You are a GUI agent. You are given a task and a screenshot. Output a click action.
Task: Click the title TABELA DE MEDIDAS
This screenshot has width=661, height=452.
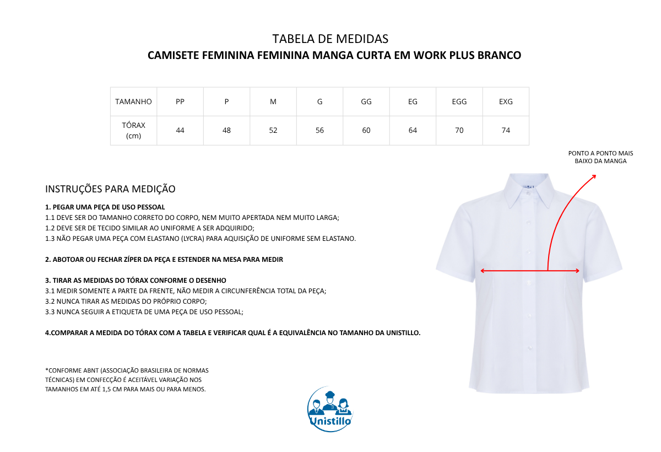pos(330,39)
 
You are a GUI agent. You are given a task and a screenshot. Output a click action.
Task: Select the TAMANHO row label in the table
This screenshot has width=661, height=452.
pos(133,102)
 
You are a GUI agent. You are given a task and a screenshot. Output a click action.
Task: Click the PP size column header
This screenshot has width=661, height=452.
pos(180,102)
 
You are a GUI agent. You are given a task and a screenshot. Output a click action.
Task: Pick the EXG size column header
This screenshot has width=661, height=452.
pos(506,102)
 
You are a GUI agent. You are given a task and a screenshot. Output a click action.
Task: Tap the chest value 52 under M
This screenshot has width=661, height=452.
pos(273,131)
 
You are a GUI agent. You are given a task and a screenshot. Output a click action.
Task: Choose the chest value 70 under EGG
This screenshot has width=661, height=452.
pos(459,131)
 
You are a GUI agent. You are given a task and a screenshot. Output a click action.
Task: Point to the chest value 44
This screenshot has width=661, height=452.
pos(180,131)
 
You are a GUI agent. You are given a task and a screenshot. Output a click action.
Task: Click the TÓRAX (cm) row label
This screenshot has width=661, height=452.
pos(133,131)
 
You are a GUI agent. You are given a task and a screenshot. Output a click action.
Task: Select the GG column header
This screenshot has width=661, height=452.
pos(366,102)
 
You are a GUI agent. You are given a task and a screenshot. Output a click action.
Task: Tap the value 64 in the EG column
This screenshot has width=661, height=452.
pos(413,131)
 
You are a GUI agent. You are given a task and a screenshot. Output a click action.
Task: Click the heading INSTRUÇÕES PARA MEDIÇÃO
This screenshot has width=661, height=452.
pos(110,189)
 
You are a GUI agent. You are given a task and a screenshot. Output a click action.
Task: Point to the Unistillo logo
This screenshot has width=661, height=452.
pos(330,409)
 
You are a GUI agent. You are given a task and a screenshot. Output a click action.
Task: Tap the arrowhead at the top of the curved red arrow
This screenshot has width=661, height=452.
pos(594,176)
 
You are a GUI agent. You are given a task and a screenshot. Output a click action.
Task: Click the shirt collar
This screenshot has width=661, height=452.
pos(529,190)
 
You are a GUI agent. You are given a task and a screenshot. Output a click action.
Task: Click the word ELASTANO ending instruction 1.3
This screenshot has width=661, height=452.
pos(338,239)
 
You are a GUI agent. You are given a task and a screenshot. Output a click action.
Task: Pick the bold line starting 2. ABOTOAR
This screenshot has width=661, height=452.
pos(164,259)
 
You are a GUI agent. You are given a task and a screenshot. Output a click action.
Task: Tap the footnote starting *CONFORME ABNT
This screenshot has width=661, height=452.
pos(127,380)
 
